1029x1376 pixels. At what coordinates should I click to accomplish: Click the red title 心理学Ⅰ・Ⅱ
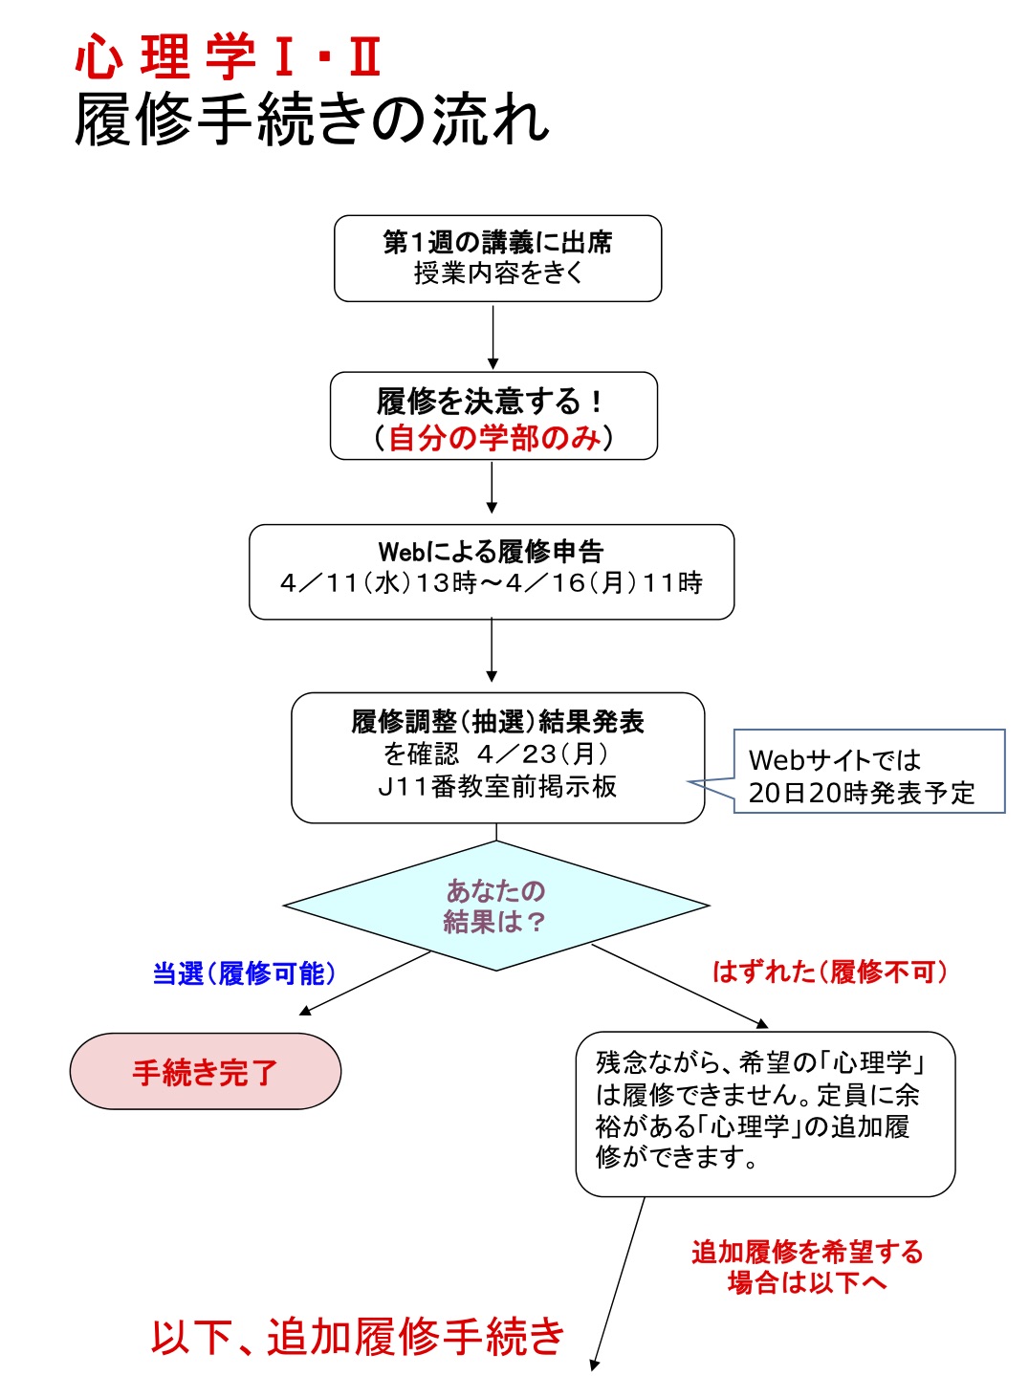point(230,56)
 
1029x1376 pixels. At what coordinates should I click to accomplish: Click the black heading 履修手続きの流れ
point(312,120)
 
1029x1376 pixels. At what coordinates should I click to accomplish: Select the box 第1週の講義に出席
point(497,258)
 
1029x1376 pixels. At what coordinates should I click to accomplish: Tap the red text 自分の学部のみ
point(494,438)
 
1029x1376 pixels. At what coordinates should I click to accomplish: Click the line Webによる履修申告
point(492,551)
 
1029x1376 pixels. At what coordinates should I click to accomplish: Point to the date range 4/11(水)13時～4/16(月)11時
point(492,583)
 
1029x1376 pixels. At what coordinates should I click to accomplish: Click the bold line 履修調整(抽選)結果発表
point(497,721)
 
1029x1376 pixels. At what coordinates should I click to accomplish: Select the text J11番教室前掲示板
point(497,787)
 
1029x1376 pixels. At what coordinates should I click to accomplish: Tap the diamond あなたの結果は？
point(495,905)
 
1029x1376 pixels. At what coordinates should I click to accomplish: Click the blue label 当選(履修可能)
point(245,973)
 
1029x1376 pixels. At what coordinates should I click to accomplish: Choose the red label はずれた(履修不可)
point(830,972)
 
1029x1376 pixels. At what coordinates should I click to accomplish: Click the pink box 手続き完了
point(205,1072)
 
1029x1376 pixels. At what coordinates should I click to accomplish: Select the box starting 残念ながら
point(765,1113)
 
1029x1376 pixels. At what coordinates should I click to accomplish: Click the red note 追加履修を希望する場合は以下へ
point(807,1266)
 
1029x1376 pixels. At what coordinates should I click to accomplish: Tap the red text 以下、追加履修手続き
point(358,1336)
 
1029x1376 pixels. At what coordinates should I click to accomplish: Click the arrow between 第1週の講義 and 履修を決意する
point(493,337)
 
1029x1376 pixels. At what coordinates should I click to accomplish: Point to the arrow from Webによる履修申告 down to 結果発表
point(492,650)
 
